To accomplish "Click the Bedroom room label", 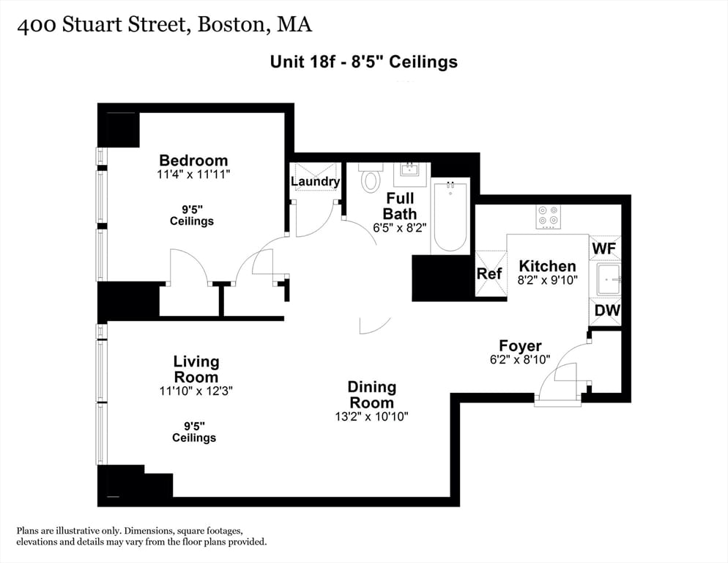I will point(193,160).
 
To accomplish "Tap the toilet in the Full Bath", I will point(371,179).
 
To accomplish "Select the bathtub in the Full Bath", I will point(450,216).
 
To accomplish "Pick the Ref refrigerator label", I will point(489,273).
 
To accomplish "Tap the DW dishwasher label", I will point(606,311).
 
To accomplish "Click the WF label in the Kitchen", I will point(604,249).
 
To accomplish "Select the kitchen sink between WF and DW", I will point(608,279).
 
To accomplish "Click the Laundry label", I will point(316,181).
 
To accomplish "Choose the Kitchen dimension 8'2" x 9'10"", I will point(547,279).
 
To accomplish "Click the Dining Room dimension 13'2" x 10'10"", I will point(371,416).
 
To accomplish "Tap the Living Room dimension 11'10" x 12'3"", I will point(196,391).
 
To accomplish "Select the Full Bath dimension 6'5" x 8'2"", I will point(399,228).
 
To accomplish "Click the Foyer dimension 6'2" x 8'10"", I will point(520,360).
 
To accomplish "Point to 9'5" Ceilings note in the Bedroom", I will point(192,214).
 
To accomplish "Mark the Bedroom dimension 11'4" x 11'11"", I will point(193,174).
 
